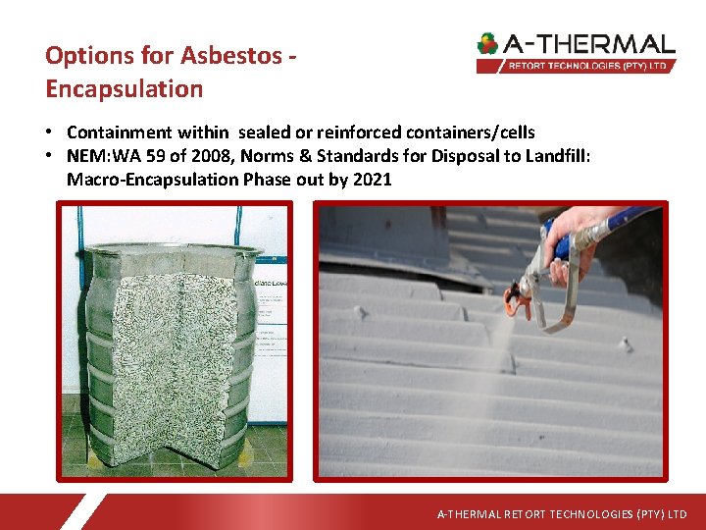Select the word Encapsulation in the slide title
coord(124,88)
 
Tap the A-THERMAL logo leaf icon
coord(487,44)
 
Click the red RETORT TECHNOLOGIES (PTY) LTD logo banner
coord(577,66)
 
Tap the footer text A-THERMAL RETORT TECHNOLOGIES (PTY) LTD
coord(562,514)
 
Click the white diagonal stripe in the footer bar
coord(82,511)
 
